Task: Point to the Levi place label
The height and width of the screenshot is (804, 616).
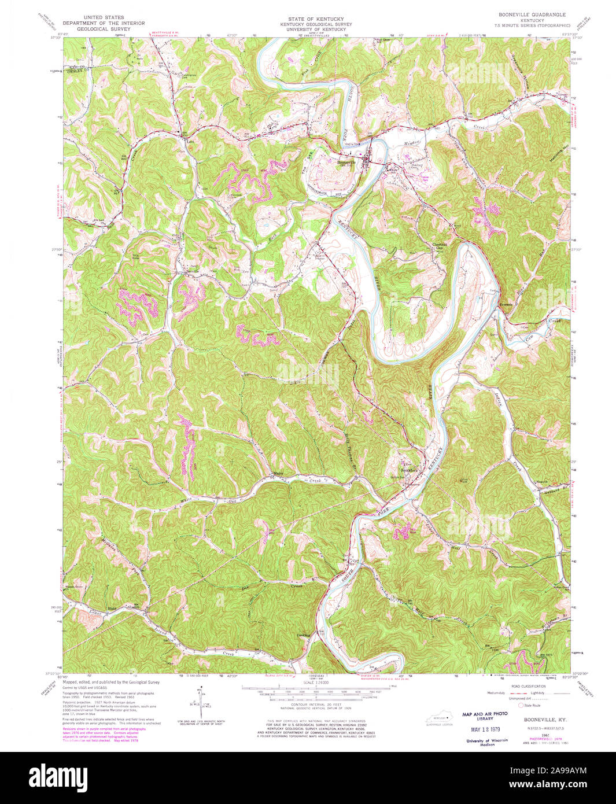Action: tap(187, 141)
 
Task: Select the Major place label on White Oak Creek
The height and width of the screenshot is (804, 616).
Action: tap(278, 474)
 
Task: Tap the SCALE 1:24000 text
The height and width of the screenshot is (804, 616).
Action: tap(311, 684)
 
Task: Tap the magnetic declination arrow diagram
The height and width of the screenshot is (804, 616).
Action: tap(200, 702)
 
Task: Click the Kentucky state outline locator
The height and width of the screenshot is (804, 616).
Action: tap(440, 718)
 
